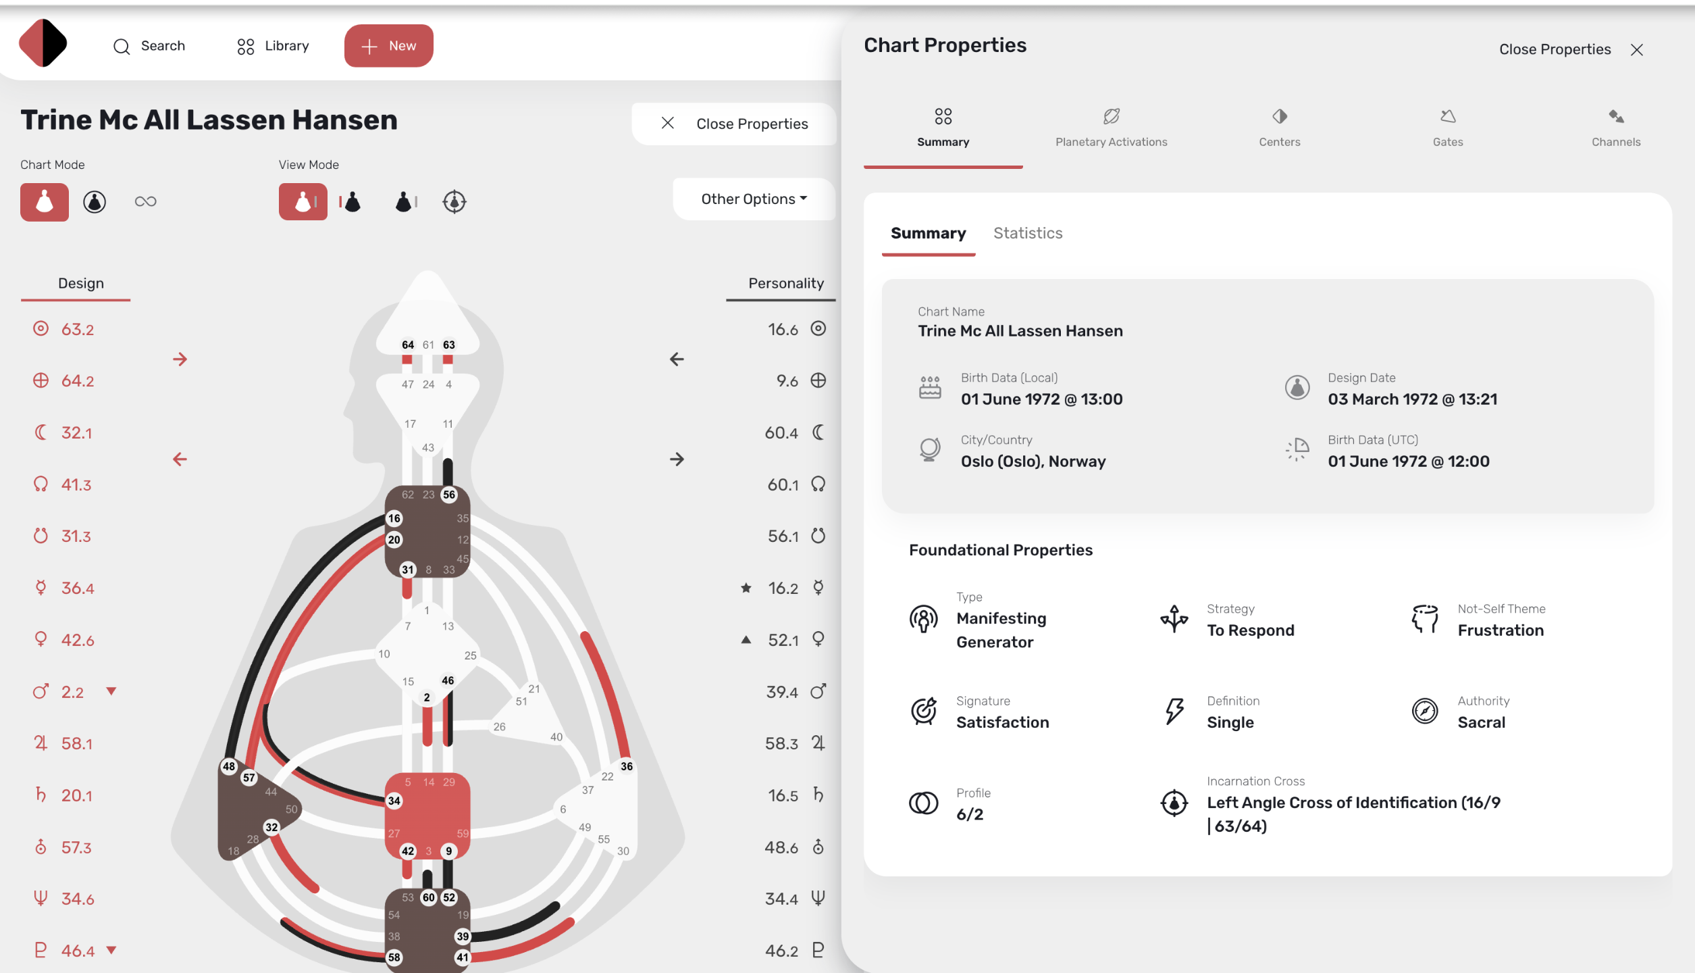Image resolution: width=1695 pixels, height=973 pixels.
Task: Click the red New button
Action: [x=388, y=46]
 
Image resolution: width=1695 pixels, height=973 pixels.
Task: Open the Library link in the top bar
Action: [x=273, y=46]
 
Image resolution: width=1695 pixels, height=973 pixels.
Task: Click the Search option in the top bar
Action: [x=149, y=46]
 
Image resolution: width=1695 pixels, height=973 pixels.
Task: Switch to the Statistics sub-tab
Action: [x=1028, y=233]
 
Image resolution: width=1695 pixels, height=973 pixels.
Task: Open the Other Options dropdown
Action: [x=754, y=199]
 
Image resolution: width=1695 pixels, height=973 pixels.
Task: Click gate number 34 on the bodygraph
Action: [x=394, y=801]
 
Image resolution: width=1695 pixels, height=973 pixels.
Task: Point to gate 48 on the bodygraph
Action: [x=229, y=766]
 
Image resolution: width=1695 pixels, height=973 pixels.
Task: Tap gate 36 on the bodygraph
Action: [x=627, y=766]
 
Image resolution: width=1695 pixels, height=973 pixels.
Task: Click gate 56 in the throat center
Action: [x=449, y=495]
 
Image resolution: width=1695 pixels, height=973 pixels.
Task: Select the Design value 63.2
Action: [x=78, y=330]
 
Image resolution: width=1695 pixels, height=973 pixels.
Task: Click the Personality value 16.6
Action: [x=783, y=330]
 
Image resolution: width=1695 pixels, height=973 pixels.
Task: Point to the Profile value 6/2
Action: [x=970, y=814]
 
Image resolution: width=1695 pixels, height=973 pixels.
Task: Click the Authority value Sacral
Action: [x=1481, y=722]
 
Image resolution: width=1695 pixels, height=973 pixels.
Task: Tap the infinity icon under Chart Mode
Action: [x=145, y=201]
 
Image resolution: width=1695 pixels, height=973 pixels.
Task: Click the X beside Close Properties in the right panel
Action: [x=1636, y=50]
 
